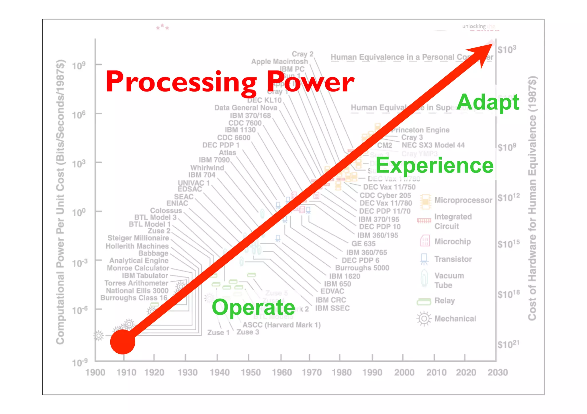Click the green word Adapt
pos(488,102)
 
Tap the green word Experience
pos(434,166)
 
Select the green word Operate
pos(253,307)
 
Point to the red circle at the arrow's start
pos(123,342)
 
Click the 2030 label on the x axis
pos(498,373)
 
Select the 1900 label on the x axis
pos(95,373)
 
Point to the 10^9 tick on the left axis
pos(79,66)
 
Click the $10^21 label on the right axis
pos(508,344)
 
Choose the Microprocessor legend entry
pos(463,200)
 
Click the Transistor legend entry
pos(453,259)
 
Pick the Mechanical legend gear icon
pos(424,319)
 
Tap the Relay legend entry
pos(445,301)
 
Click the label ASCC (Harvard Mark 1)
pos(281,325)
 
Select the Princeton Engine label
pos(421,130)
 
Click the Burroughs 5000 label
pos(362,268)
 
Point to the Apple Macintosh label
pos(279,62)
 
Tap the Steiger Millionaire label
pos(138,238)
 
